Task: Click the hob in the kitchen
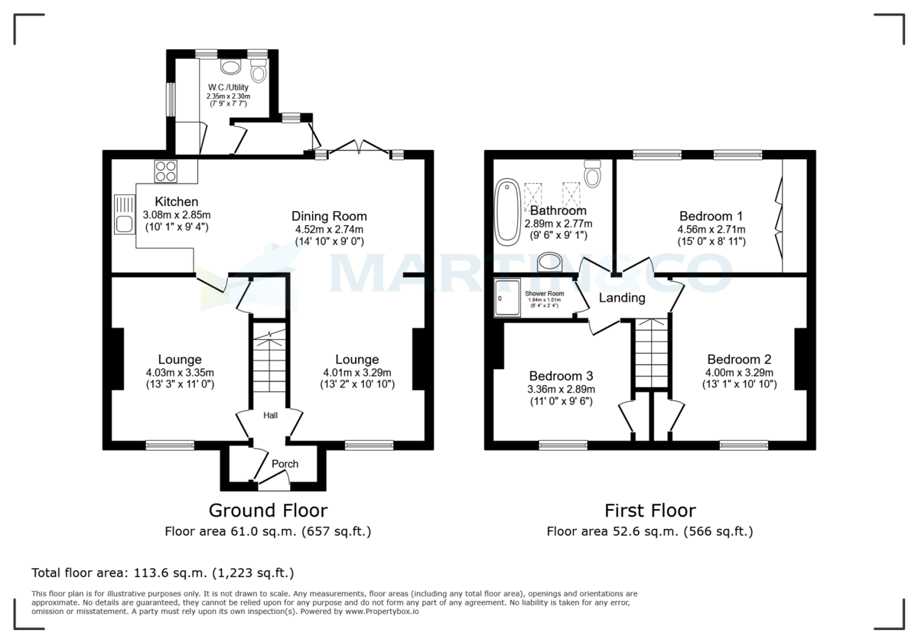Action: coord(165,171)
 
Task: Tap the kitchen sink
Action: coord(124,214)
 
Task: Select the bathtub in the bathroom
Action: coord(506,211)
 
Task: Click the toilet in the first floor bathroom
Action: coord(593,175)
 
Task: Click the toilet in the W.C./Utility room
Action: coord(258,72)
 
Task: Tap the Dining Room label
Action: coord(329,216)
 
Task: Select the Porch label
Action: coord(285,464)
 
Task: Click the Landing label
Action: coord(621,298)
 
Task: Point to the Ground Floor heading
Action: coord(268,511)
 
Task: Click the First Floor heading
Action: coord(649,511)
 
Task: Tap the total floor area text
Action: coord(162,573)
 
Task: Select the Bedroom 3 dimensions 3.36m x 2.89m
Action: coord(562,390)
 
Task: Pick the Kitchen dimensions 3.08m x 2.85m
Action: coord(177,214)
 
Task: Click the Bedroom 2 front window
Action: coord(744,444)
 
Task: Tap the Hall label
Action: coord(271,416)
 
